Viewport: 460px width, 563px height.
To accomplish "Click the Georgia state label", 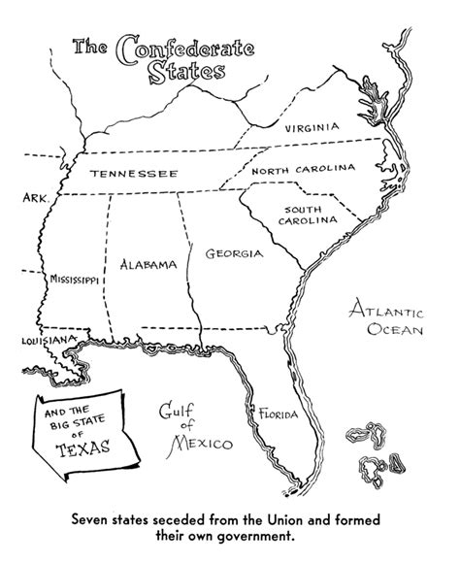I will pyautogui.click(x=234, y=254).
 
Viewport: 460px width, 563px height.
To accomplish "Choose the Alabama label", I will pyautogui.click(x=148, y=264).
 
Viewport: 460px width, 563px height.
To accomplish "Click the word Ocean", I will pyautogui.click(x=393, y=333).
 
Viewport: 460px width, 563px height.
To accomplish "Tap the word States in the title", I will pyautogui.click(x=190, y=73).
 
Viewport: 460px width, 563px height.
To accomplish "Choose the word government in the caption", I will pyautogui.click(x=249, y=533).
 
